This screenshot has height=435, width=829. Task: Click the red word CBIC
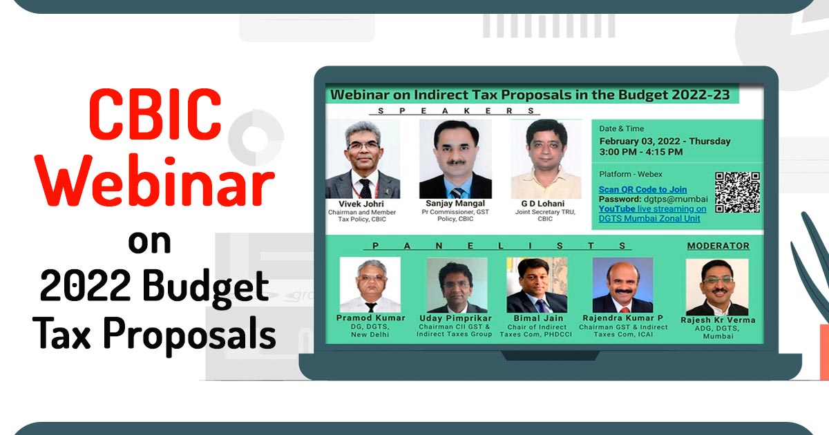pyautogui.click(x=155, y=113)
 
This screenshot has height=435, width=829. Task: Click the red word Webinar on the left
pyautogui.click(x=154, y=181)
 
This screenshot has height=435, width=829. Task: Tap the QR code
pyautogui.click(x=737, y=193)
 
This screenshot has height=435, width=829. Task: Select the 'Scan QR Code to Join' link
pyautogui.click(x=643, y=189)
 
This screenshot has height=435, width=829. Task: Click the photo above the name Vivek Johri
pyautogui.click(x=363, y=159)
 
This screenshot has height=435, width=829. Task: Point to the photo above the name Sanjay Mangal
pyautogui.click(x=455, y=159)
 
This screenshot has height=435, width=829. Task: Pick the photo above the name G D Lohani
pyautogui.click(x=546, y=159)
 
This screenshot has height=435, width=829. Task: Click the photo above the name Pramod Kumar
pyautogui.click(x=370, y=284)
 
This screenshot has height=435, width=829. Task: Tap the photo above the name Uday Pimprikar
pyautogui.click(x=457, y=284)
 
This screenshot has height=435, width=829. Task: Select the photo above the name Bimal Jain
pyautogui.click(x=537, y=284)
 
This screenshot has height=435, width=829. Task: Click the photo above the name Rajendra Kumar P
pyautogui.click(x=623, y=284)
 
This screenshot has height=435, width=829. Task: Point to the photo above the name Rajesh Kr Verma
pyautogui.click(x=717, y=287)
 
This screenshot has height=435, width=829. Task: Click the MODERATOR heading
pyautogui.click(x=718, y=246)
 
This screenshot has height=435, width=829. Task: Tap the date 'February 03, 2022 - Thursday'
pyautogui.click(x=665, y=142)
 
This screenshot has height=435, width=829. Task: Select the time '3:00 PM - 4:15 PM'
pyautogui.click(x=641, y=152)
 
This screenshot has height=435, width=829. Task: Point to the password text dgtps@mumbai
pyautogui.click(x=676, y=200)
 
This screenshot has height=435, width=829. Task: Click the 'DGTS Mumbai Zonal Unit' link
pyautogui.click(x=649, y=218)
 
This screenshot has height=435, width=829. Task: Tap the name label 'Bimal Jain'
pyautogui.click(x=538, y=318)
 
